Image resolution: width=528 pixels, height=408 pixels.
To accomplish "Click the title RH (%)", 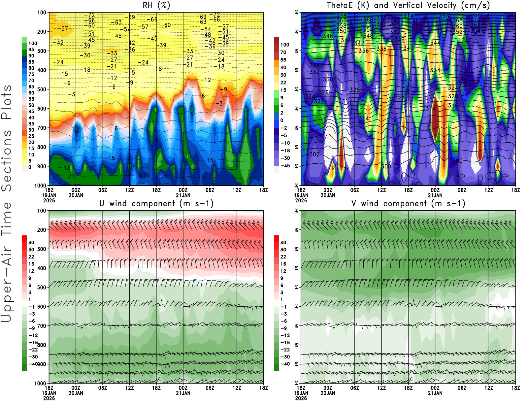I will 156,6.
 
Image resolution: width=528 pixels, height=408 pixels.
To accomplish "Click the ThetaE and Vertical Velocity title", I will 408,6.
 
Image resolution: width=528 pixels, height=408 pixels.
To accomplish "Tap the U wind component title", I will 156,204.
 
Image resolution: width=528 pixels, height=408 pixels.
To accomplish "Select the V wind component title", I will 408,204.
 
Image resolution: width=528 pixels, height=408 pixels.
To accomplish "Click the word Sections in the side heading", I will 7,160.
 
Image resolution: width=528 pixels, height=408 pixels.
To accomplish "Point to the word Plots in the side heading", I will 7,102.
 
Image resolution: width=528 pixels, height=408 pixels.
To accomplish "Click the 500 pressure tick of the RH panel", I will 42,89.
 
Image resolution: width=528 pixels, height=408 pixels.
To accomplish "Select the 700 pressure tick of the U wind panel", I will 42,326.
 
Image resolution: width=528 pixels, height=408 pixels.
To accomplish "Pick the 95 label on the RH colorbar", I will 31,50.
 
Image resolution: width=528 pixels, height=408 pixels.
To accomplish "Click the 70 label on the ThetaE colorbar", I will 283,52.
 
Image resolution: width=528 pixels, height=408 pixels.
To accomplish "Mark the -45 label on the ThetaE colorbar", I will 285,166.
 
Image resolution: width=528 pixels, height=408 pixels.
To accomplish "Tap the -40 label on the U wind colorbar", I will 33,364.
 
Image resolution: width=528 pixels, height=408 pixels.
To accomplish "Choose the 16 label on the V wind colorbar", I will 283,264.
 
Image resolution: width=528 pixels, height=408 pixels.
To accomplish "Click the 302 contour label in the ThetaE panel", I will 314,154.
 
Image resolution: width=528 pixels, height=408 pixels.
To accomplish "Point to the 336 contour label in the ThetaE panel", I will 364,51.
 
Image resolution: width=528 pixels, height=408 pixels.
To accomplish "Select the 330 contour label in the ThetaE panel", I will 328,79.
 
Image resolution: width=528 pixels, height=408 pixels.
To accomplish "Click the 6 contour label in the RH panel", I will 116,128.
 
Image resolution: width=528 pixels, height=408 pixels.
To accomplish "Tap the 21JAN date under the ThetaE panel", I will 435,195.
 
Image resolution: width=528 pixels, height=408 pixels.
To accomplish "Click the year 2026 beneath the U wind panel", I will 49,398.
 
